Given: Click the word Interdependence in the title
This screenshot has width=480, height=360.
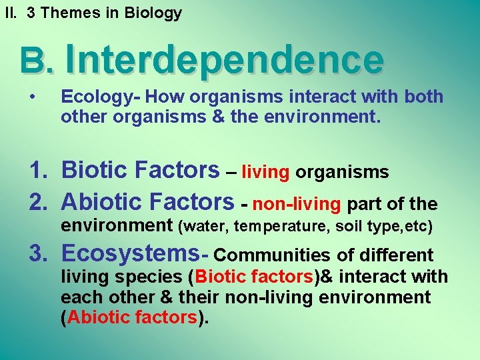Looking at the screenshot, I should coord(224,60).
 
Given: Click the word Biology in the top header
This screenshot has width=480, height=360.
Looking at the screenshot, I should coord(154,13).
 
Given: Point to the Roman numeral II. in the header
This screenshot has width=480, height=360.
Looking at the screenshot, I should coord(9,13).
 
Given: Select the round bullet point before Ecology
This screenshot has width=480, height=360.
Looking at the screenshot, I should coord(33,97).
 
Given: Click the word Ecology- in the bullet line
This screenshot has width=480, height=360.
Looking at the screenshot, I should coord(100,97).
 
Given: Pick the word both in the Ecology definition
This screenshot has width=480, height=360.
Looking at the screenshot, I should coord(424,97).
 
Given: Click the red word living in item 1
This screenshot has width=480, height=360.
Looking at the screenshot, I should coord(265,173).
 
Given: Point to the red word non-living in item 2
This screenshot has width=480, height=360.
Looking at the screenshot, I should coord(297,203).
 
